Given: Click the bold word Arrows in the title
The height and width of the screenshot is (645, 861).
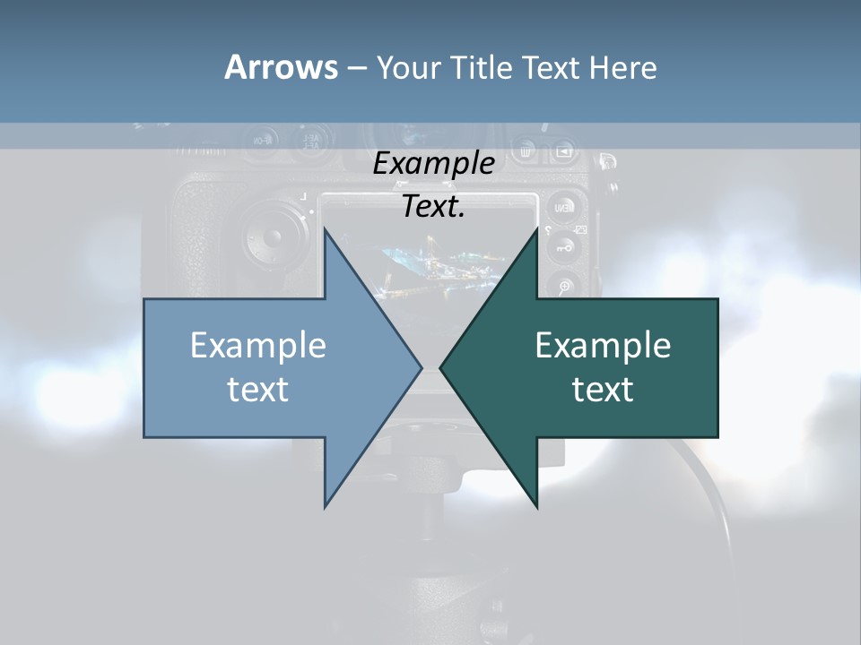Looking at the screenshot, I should (281, 67).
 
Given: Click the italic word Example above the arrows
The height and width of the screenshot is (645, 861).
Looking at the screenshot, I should (433, 164).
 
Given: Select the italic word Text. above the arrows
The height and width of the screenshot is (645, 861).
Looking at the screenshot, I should (433, 207).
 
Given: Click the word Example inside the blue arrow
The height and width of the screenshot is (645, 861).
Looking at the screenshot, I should (258, 346).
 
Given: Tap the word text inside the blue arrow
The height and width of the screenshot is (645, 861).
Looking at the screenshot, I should (258, 389).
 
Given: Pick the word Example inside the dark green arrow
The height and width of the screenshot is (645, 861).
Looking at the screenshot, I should (603, 346).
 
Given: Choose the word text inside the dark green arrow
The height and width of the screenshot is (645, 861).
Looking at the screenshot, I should (603, 389).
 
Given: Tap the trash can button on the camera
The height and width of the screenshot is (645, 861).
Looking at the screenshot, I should (526, 150).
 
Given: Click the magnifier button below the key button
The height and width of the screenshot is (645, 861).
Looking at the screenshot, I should (564, 287).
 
